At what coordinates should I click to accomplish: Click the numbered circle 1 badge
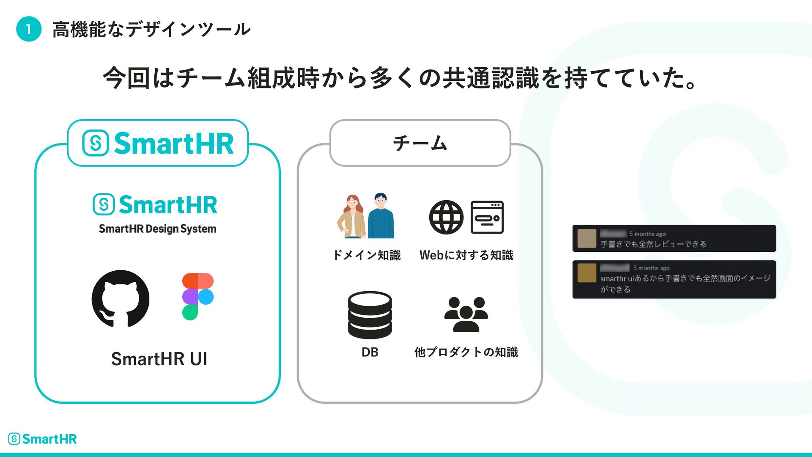coord(29,29)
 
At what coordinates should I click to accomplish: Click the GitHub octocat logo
coord(121,299)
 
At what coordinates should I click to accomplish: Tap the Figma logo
coord(198,297)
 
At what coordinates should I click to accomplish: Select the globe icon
coord(446,217)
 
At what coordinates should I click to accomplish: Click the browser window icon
coord(487,217)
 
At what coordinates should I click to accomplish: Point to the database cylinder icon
coord(370,315)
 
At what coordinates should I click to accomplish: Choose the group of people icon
coord(466,314)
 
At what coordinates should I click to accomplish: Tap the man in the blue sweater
coord(381,216)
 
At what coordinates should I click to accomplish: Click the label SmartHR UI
coord(159,359)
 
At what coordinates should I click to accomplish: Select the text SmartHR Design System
coord(157,229)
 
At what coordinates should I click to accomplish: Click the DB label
coord(370,352)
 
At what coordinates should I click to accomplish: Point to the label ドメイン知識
coord(367,255)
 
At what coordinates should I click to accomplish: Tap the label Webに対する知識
coord(466,255)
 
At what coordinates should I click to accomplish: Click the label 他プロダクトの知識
coord(466,352)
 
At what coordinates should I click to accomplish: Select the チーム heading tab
coord(420,143)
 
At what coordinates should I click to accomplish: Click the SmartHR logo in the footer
coord(42,439)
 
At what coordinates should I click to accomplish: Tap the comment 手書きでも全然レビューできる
coord(653,244)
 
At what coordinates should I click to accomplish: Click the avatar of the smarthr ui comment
coord(587,273)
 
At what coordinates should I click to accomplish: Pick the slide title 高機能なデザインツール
coord(151,30)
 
